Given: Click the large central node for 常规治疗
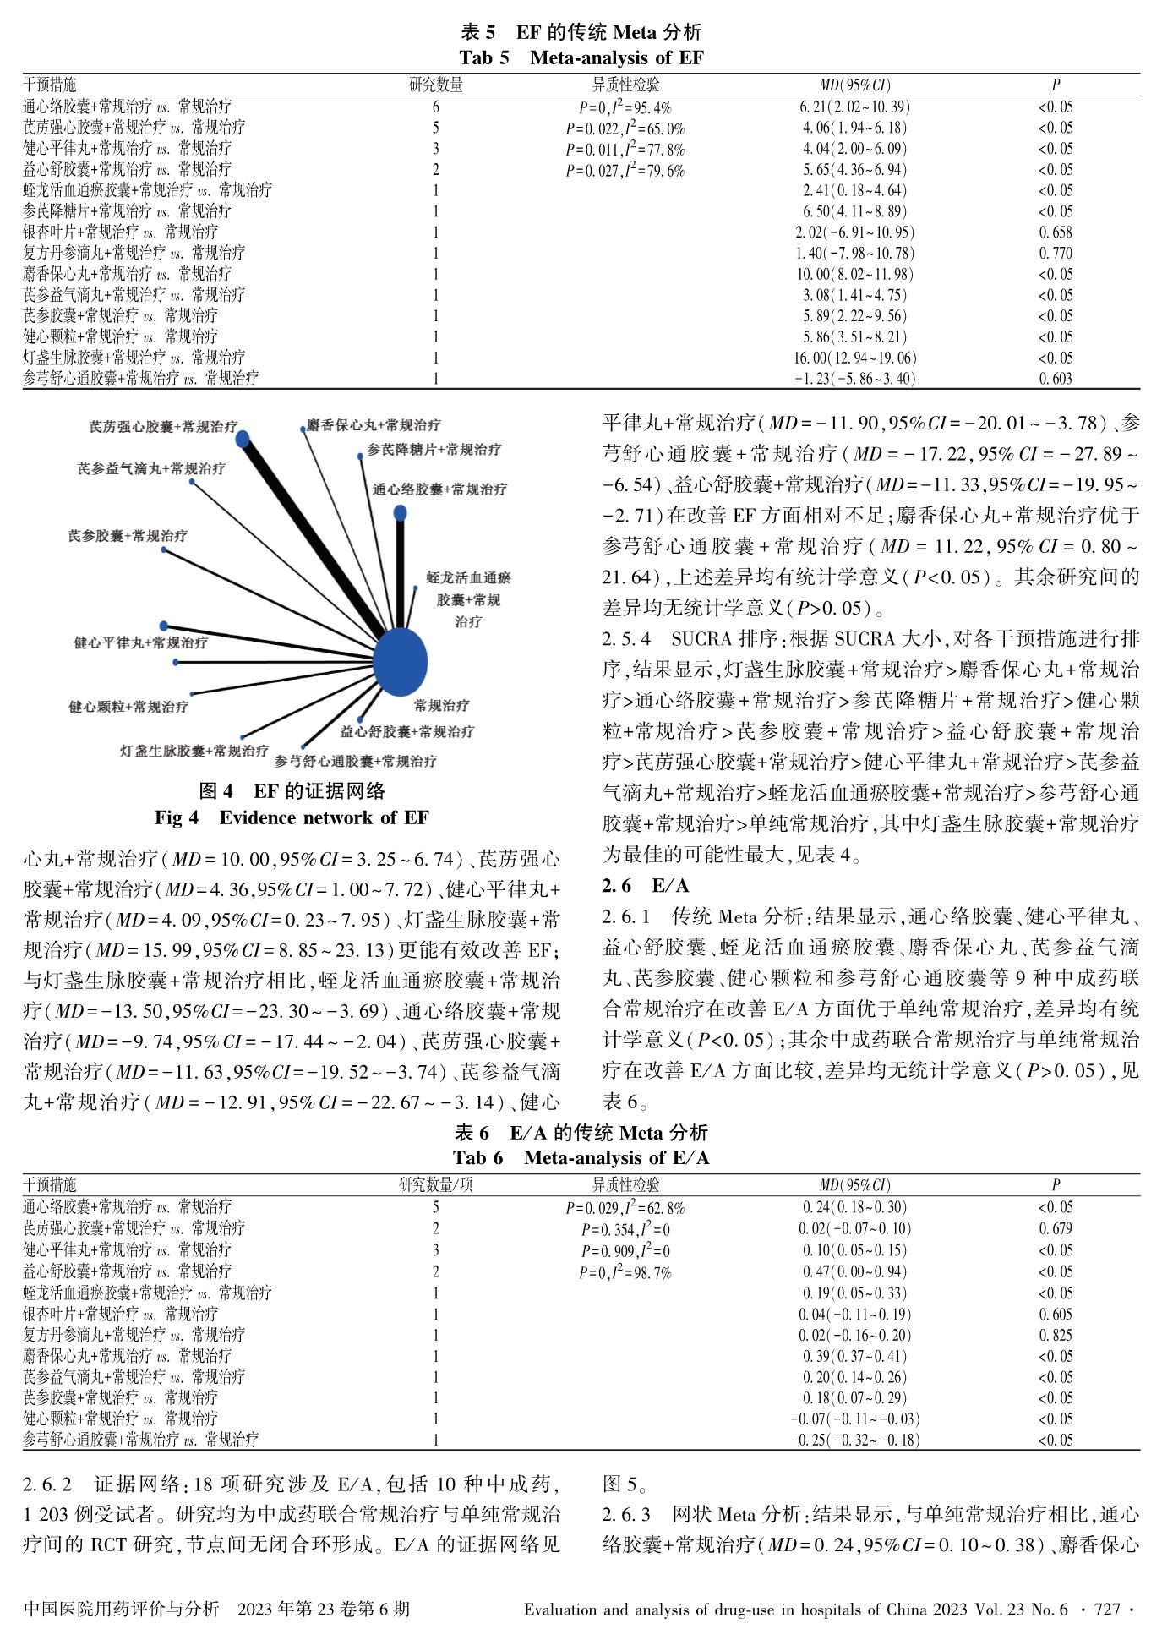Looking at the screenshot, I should coord(400,662).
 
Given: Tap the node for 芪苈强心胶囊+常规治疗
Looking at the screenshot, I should coord(243,439).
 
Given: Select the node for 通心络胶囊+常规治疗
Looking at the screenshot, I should coord(401,513).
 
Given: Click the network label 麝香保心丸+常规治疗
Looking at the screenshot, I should coord(374,424).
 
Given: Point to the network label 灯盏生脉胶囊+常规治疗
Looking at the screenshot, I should coord(194,751).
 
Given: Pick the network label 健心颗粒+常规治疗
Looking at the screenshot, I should coord(128,707).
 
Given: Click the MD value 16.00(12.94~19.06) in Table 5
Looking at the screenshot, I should coord(854,358).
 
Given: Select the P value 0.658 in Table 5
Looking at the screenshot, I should coord(1056,232).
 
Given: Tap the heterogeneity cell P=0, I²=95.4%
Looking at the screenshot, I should coord(625,107).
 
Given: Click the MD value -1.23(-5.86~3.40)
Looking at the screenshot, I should coord(854,379).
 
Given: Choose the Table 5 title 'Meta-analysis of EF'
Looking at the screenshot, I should coord(581,57).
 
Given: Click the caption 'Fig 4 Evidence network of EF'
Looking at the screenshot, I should coord(292,817).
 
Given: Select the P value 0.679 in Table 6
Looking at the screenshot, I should coord(1056,1229).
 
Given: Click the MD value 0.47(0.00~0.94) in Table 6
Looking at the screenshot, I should coord(854,1271).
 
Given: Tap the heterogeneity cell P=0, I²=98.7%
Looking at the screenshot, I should coord(625,1272).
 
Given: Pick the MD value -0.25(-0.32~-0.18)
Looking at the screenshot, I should coord(854,1440).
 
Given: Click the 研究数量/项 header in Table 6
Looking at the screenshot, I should coord(435,1185).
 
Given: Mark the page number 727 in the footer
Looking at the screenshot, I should coord(1106,1610).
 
